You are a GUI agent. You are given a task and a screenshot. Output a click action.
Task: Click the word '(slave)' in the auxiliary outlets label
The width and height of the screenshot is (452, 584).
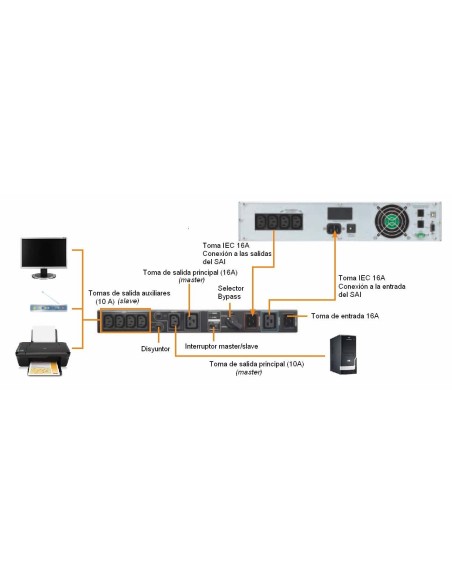click(x=128, y=301)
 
